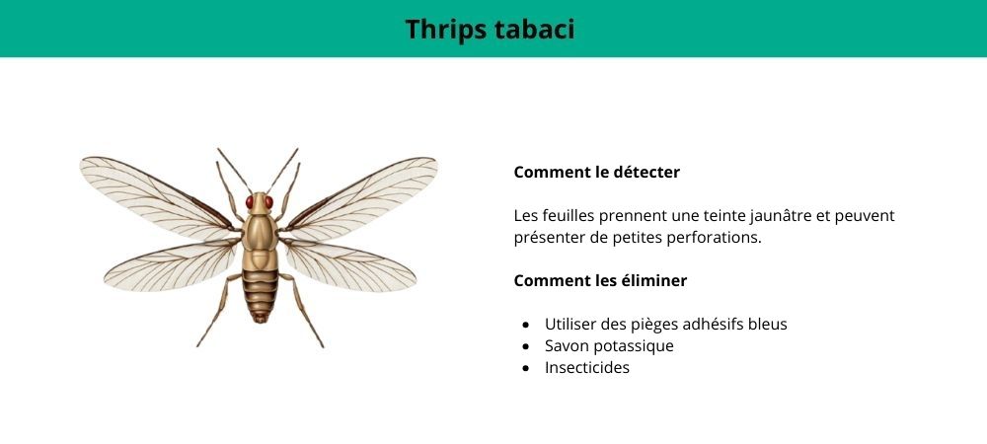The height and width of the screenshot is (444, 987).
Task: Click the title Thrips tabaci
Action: pos(490,30)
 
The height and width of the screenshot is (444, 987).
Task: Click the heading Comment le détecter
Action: pos(596,172)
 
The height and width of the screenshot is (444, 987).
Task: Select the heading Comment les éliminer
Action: pos(600,280)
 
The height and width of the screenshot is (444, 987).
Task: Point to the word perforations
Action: pos(715,238)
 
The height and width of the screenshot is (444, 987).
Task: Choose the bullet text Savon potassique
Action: pos(609,345)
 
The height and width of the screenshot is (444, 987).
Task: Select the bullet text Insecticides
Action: pos(586,367)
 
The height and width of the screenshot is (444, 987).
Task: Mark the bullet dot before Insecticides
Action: pos(525,368)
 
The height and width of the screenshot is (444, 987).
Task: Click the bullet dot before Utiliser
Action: pos(525,325)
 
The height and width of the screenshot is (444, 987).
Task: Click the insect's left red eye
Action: pos(251,202)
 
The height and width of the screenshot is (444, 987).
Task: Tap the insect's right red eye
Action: pos(267,202)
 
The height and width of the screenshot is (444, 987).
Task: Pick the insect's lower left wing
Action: pos(168,266)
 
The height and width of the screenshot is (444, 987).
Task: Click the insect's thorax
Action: pos(260,232)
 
